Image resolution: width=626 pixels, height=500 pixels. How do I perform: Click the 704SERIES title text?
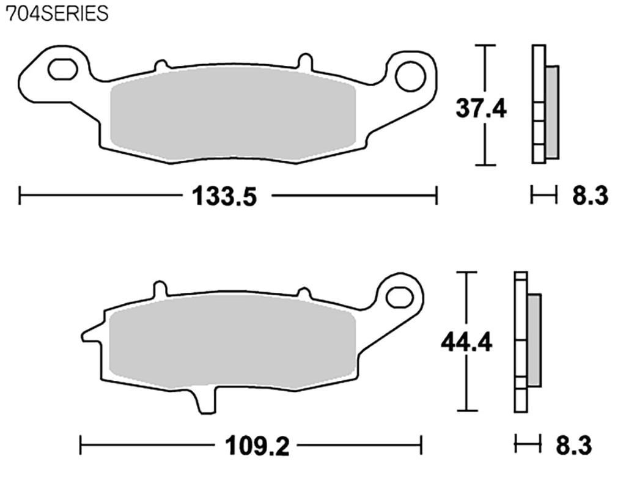(x=57, y=13)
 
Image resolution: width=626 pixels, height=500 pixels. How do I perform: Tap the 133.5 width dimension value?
(x=224, y=196)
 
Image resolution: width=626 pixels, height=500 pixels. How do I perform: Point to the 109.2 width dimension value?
(x=257, y=446)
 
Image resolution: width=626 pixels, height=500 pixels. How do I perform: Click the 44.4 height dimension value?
(x=466, y=343)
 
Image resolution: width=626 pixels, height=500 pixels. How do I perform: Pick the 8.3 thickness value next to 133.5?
(x=590, y=196)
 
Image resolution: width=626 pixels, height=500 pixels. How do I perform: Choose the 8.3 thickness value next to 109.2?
(x=573, y=446)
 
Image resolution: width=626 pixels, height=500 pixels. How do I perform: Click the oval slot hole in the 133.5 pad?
(x=62, y=70)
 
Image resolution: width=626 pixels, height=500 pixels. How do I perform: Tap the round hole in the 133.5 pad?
(x=410, y=76)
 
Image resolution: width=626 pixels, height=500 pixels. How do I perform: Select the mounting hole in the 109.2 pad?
(x=400, y=296)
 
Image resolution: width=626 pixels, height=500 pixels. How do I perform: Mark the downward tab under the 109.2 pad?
(x=206, y=402)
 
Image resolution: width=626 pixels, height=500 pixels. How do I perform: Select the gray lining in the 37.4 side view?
(x=551, y=112)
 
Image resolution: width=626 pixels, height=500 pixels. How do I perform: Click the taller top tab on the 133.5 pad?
(x=304, y=61)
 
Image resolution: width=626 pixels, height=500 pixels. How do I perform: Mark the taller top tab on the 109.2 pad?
(x=160, y=289)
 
